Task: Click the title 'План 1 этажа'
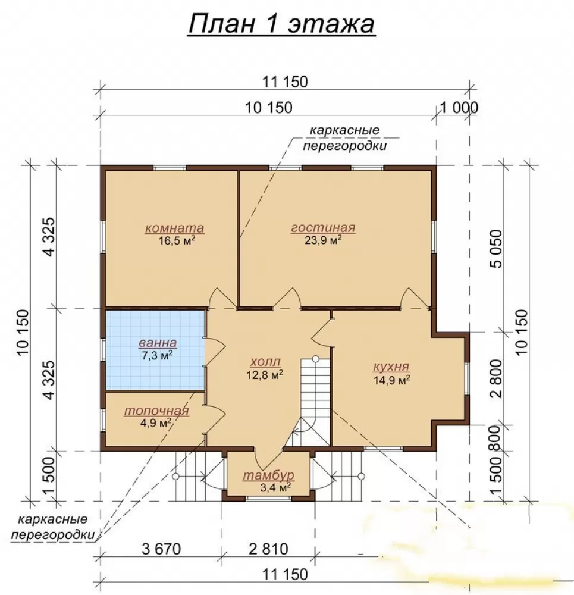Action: (281, 24)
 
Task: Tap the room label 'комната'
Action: (174, 228)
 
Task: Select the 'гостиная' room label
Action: (323, 228)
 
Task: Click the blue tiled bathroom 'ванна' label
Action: (158, 343)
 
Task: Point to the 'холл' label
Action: (265, 361)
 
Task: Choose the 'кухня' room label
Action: (391, 367)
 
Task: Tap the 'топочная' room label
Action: (156, 411)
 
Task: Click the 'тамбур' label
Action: (269, 475)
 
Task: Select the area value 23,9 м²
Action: (323, 240)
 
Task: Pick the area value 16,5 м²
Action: (177, 240)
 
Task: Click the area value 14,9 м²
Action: (392, 380)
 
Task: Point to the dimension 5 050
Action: (496, 249)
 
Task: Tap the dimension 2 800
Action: (496, 378)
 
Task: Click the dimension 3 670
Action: (161, 549)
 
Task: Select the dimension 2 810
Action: (269, 549)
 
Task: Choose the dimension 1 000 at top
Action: (459, 108)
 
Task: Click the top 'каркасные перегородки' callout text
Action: (344, 138)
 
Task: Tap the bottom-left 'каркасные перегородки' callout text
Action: (53, 527)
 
